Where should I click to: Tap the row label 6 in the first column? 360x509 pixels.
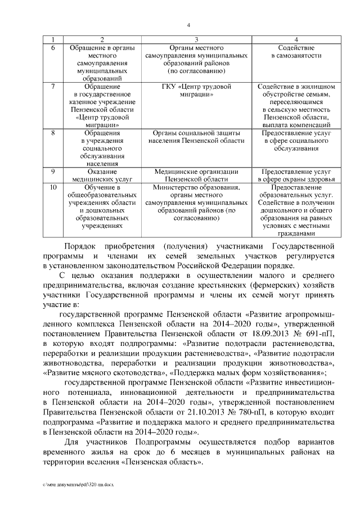coord(52,48)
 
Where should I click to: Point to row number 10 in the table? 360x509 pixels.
coord(53,187)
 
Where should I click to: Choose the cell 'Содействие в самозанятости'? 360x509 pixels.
coord(296,52)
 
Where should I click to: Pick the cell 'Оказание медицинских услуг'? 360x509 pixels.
coord(102,175)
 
